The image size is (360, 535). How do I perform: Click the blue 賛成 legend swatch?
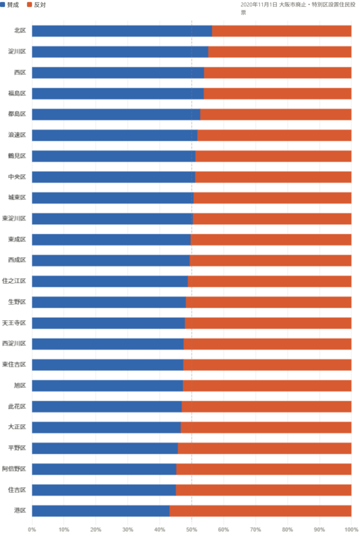pyautogui.click(x=3, y=4)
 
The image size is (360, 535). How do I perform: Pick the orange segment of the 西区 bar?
pyautogui.click(x=277, y=73)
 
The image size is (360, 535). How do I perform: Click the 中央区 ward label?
pyautogui.click(x=17, y=177)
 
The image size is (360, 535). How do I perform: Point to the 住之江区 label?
pyautogui.click(x=14, y=282)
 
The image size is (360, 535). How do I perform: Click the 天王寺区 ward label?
pyautogui.click(x=14, y=323)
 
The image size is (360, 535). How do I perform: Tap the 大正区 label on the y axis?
pyautogui.click(x=17, y=427)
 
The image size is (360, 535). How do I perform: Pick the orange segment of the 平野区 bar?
pyautogui.click(x=264, y=448)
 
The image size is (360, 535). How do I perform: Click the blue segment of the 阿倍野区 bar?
pyautogui.click(x=104, y=469)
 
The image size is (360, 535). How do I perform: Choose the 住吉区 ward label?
pyautogui.click(x=17, y=490)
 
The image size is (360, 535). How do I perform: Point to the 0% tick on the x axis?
pyautogui.click(x=32, y=529)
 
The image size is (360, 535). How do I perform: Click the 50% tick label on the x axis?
pyautogui.click(x=191, y=529)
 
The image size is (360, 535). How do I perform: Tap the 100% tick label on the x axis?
pyautogui.click(x=350, y=529)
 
